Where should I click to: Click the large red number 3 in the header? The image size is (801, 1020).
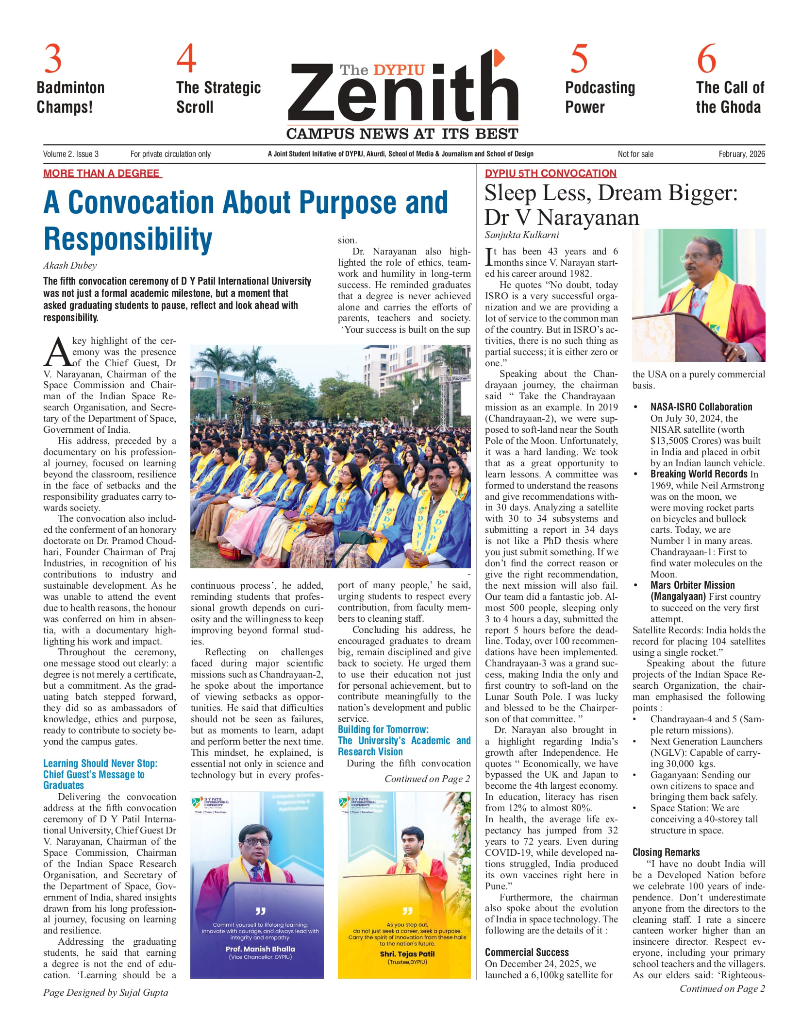[x=53, y=59]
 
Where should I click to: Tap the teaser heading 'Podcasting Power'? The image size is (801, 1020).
[x=600, y=97]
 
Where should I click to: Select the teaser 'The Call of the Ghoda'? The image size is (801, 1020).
[x=730, y=97]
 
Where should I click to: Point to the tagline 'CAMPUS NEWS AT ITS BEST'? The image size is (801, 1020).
[x=402, y=134]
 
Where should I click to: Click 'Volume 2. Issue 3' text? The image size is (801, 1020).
[x=71, y=154]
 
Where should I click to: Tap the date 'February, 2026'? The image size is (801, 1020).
[x=741, y=154]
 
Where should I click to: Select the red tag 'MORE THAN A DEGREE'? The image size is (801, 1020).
[x=102, y=173]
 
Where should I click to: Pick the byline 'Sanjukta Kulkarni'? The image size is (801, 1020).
[x=522, y=235]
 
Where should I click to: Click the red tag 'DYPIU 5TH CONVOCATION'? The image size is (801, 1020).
[x=551, y=173]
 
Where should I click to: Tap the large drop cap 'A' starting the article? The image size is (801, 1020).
[x=57, y=353]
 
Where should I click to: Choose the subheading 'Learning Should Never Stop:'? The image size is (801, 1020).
[x=100, y=763]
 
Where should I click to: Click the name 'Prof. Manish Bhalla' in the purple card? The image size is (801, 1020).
[x=260, y=949]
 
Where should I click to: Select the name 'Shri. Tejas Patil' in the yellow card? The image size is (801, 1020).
[x=407, y=953]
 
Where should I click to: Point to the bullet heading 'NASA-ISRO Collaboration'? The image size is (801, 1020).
[x=701, y=407]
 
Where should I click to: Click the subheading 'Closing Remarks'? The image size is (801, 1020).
[x=666, y=852]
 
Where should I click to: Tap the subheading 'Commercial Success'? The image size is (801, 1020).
[x=527, y=952]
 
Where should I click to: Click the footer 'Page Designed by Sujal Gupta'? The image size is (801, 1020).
[x=106, y=992]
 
